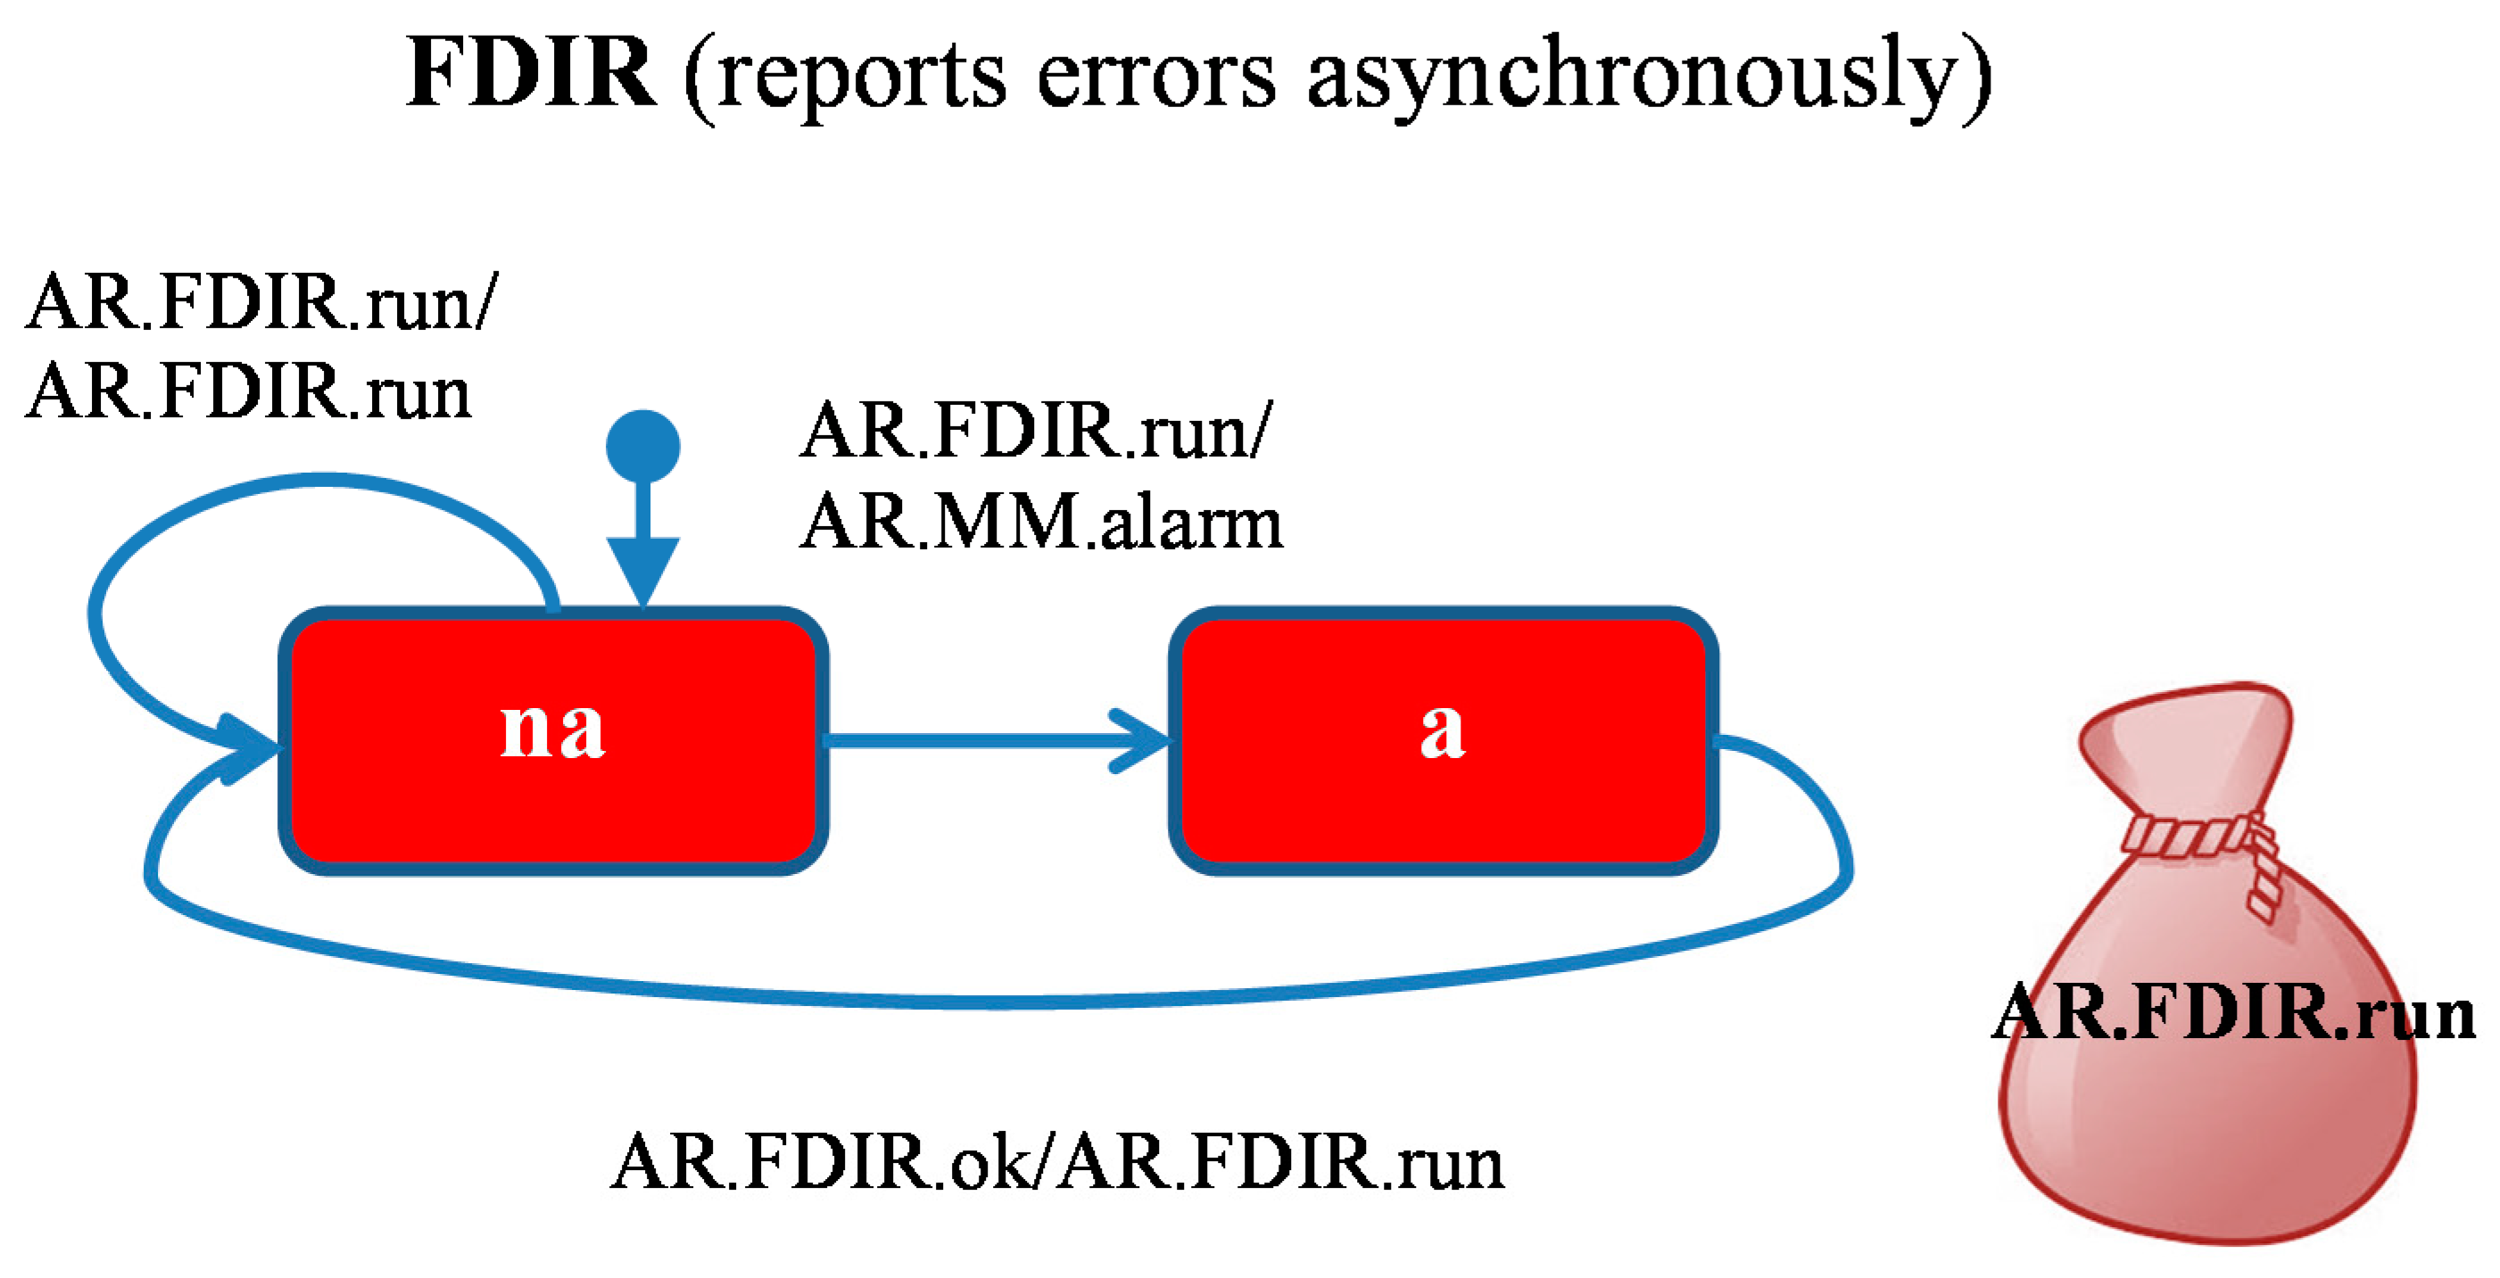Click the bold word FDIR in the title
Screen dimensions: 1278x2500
click(x=530, y=73)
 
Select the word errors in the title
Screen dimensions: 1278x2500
click(x=1155, y=78)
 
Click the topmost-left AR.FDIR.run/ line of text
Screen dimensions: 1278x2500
click(x=261, y=302)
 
